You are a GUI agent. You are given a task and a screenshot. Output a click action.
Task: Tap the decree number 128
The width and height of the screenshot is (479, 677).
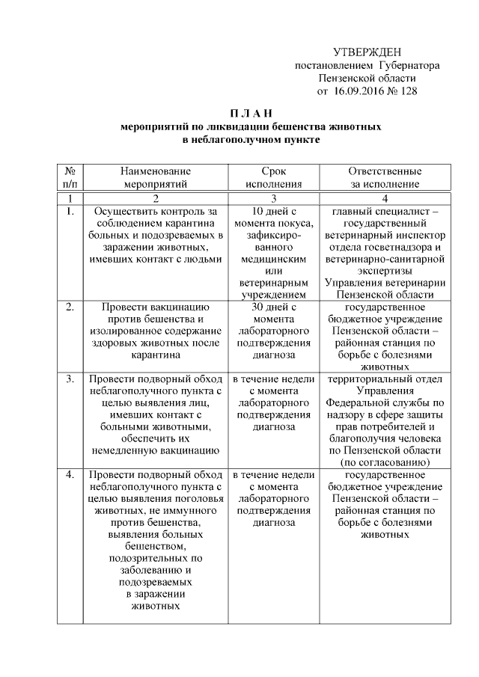(x=407, y=91)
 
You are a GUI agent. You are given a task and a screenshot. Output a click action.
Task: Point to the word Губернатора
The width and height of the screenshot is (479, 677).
(x=409, y=65)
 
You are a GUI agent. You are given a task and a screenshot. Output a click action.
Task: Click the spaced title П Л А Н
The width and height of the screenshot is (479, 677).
(x=239, y=113)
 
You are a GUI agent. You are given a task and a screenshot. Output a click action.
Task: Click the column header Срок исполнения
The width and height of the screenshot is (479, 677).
(x=274, y=177)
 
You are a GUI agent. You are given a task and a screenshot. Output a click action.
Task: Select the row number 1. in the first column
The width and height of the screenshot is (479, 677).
(x=70, y=212)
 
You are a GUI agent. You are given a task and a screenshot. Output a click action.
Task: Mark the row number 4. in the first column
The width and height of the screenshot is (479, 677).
(x=70, y=475)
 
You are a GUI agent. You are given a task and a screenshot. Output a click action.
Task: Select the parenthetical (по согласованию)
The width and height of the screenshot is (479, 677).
(x=385, y=463)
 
